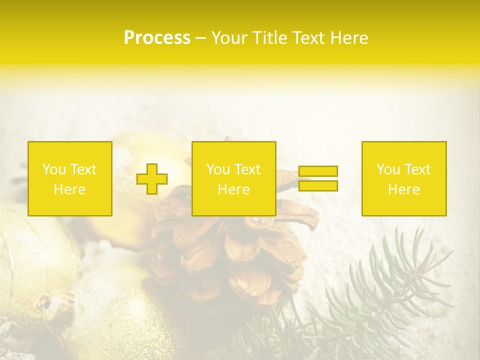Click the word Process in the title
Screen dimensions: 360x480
click(157, 38)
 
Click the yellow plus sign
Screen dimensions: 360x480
click(152, 179)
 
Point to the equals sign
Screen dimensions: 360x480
click(318, 178)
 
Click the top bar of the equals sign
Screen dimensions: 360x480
click(318, 171)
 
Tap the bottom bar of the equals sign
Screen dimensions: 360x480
click(318, 186)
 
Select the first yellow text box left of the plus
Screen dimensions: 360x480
click(70, 178)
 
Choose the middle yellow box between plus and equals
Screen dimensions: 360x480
click(233, 178)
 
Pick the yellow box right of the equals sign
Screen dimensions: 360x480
click(404, 178)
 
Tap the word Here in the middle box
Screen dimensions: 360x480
click(233, 189)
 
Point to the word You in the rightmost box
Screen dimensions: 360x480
click(388, 169)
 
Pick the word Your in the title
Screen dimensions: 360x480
click(230, 38)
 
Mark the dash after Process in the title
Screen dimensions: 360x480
click(201, 38)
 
